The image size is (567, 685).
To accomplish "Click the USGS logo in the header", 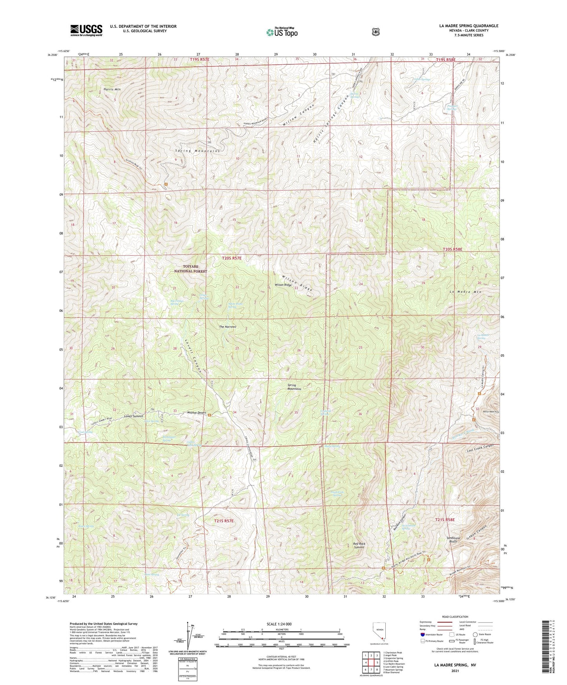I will (86, 30).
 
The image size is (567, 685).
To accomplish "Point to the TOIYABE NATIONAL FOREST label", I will (190, 269).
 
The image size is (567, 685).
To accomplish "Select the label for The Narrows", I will (227, 327).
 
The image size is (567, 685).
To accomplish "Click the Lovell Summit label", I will (133, 415).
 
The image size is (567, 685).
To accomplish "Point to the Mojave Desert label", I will (197, 413).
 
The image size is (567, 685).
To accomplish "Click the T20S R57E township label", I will (232, 258).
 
